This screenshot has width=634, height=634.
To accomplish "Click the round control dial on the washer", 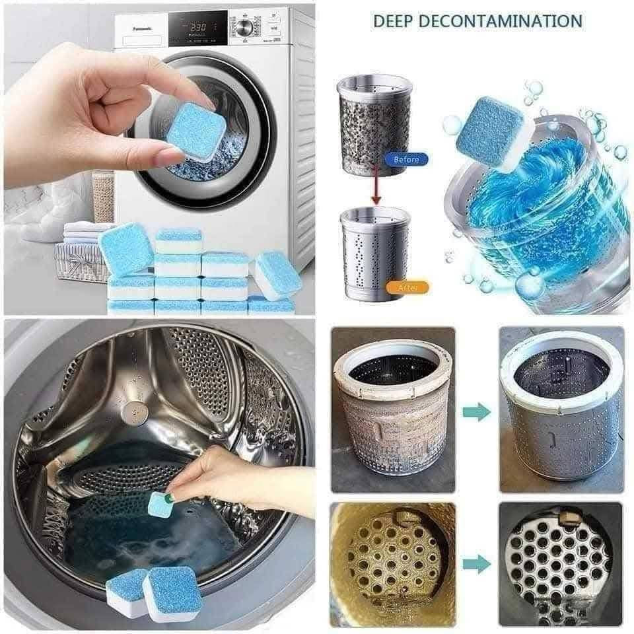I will (x=245, y=28).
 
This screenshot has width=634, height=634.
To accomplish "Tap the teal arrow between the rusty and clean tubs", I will (x=477, y=412).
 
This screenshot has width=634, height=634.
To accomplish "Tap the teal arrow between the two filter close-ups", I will (x=477, y=564).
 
